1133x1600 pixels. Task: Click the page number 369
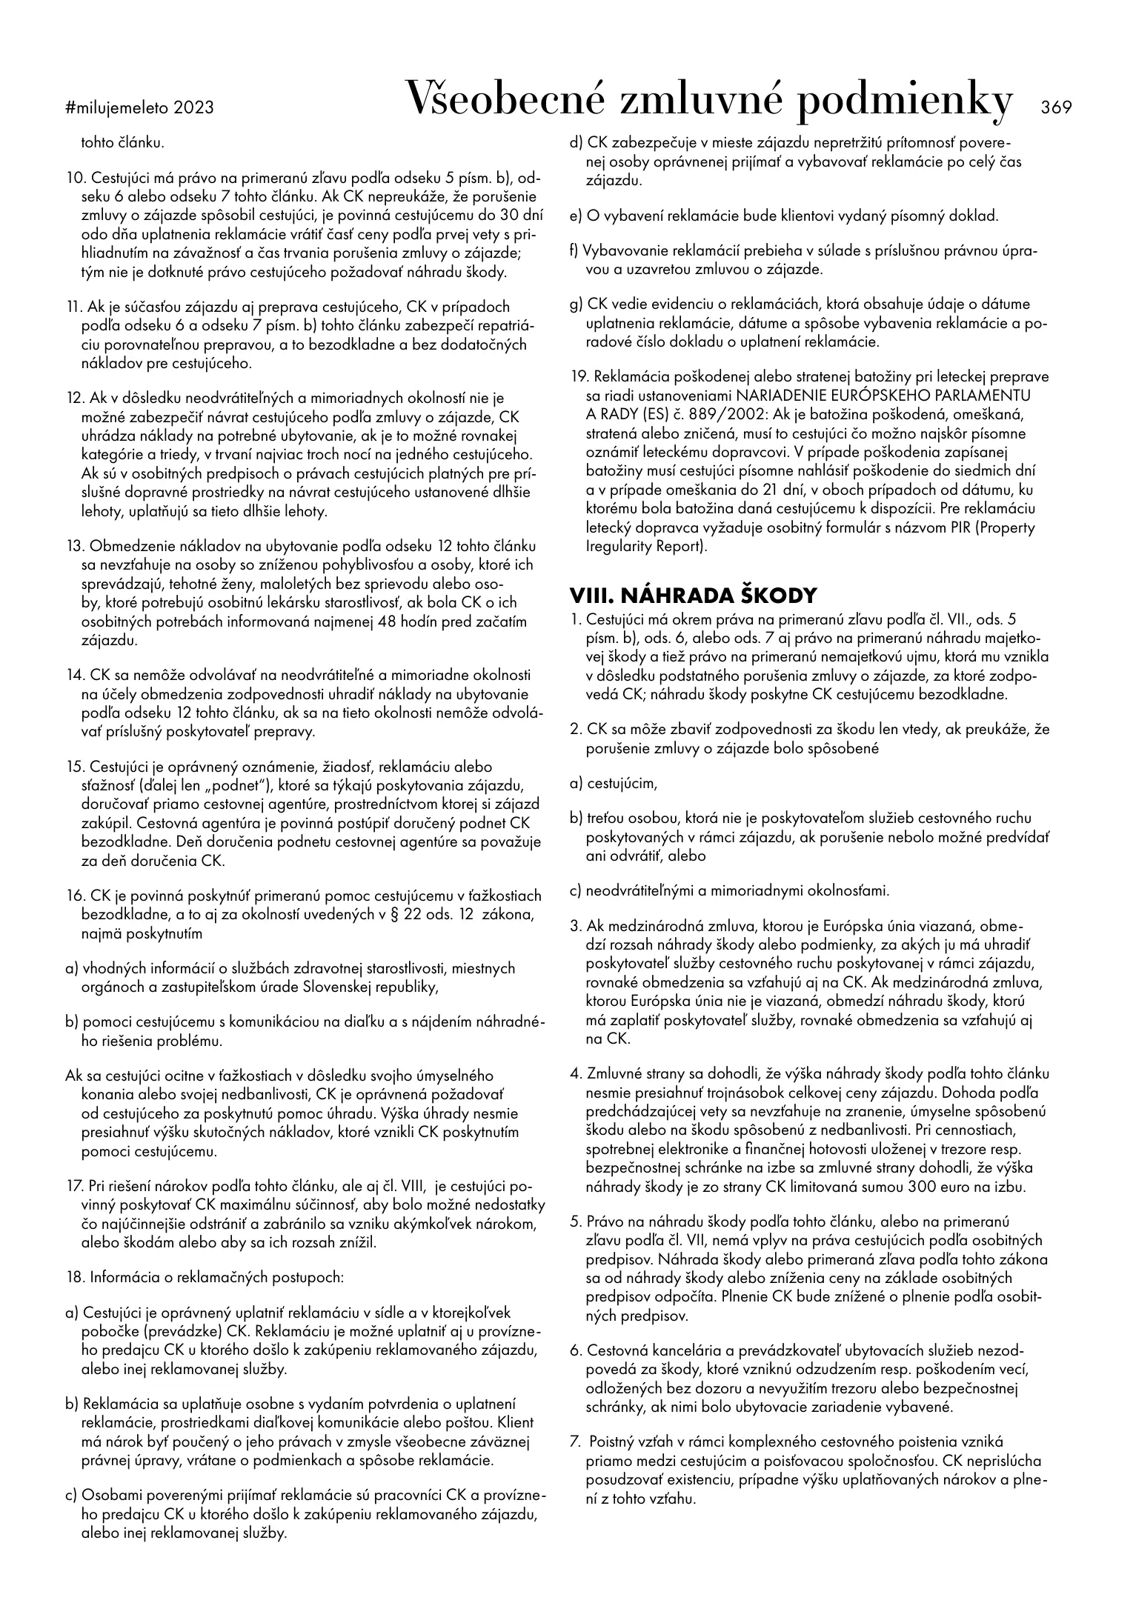(1056, 107)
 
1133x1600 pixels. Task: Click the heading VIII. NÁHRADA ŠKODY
(693, 596)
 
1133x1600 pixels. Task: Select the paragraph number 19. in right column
(578, 376)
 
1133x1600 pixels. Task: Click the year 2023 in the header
(194, 108)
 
